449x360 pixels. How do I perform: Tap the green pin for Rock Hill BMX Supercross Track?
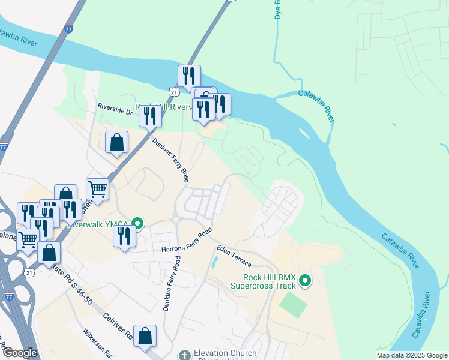[305, 280]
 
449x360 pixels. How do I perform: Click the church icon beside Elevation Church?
[184, 354]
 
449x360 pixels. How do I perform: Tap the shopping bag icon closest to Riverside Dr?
[116, 143]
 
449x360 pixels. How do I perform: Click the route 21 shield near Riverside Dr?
[173, 91]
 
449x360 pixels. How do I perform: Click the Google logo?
[19, 353]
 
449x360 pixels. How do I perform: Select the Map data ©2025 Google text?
[411, 355]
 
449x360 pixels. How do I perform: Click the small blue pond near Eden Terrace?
[214, 263]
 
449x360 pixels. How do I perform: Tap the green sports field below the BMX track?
[293, 305]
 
